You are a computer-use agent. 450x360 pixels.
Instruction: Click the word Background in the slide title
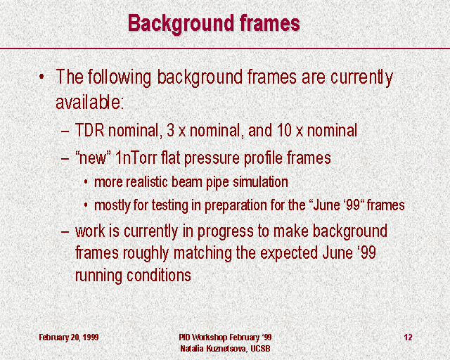[181, 24]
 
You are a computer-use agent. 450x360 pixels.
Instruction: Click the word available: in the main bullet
[89, 102]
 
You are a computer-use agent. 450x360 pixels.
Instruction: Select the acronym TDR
[89, 130]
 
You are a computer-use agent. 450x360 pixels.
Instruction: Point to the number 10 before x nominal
[284, 130]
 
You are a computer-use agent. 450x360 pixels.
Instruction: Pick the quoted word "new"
[93, 158]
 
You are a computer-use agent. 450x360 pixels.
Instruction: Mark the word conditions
[159, 275]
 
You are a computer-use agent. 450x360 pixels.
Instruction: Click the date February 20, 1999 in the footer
[69, 337]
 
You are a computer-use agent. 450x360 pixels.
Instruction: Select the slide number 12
[408, 337]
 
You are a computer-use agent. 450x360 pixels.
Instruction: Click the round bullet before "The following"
[42, 77]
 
